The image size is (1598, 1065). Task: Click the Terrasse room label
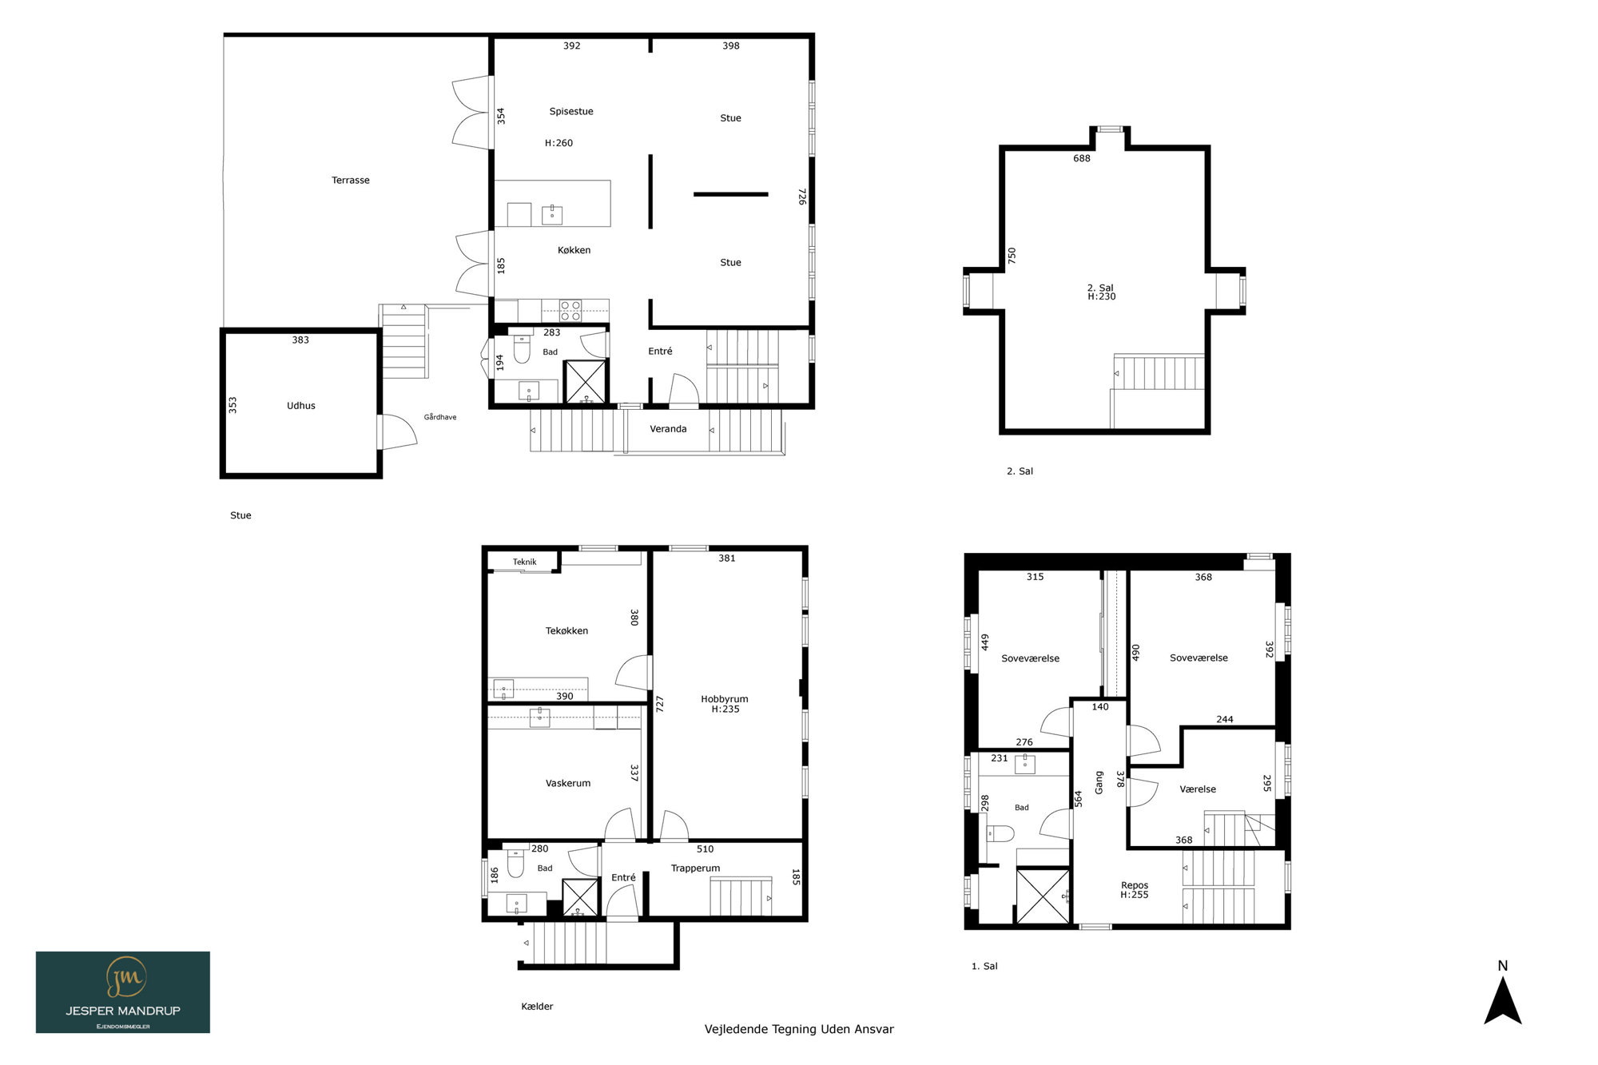(351, 181)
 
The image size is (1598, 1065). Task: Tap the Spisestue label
(571, 112)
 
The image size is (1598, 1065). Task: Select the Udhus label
(301, 406)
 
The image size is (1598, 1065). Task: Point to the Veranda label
(668, 429)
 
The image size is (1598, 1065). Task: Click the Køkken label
(574, 250)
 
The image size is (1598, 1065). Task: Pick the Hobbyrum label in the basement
(725, 699)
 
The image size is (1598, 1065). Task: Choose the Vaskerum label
(568, 784)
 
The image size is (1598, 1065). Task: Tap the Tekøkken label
(566, 631)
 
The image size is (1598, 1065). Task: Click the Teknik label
(525, 562)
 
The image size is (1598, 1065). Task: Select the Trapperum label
(695, 868)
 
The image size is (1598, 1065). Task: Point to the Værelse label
(1198, 789)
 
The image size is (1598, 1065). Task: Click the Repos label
(1135, 885)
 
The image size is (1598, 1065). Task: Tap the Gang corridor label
(1099, 782)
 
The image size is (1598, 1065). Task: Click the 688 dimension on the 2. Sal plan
(1082, 159)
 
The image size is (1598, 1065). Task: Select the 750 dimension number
(1012, 256)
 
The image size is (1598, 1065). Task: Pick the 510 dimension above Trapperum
(705, 849)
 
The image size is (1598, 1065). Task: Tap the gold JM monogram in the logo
(125, 977)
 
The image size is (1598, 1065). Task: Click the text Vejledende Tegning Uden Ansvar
(799, 1030)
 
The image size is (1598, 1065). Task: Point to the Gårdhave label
(440, 417)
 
